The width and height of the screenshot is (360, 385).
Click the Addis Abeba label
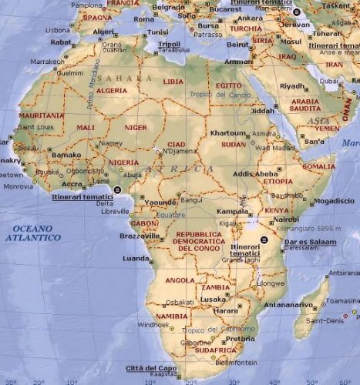(255, 174)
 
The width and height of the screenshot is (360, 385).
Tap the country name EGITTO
(229, 84)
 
